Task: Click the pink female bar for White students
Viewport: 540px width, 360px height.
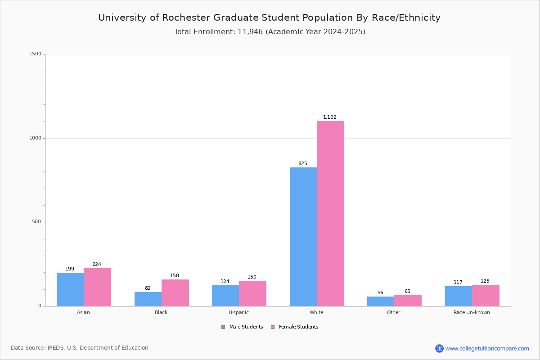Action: (x=330, y=214)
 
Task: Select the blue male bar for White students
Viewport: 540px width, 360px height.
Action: (x=303, y=237)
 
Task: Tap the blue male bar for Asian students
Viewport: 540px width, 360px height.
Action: (x=70, y=289)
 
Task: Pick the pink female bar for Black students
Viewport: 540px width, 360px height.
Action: (x=175, y=293)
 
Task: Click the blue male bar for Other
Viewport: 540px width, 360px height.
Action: (x=381, y=301)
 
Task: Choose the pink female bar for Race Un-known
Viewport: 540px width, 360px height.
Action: (x=486, y=296)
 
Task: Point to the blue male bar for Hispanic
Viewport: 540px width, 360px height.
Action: (x=225, y=296)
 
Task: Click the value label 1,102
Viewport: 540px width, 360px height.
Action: (x=329, y=117)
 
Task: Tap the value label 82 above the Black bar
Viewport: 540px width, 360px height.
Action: (x=148, y=288)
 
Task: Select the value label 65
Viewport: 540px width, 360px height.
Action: (x=407, y=291)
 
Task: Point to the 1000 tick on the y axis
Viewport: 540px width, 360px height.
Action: (x=36, y=138)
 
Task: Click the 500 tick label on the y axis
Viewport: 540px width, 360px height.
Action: (x=36, y=221)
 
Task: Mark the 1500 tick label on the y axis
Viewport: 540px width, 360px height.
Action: (x=36, y=54)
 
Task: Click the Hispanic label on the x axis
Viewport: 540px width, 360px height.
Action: (x=238, y=312)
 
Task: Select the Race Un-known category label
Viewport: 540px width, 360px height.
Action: (x=472, y=312)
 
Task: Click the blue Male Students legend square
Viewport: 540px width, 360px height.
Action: (x=223, y=327)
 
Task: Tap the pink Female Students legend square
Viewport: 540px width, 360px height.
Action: (x=273, y=327)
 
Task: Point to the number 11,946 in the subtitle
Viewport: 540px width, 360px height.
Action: (x=250, y=32)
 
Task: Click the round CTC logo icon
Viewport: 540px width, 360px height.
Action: (x=439, y=348)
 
